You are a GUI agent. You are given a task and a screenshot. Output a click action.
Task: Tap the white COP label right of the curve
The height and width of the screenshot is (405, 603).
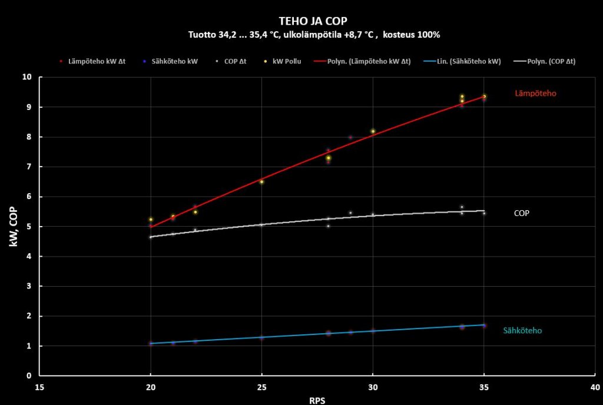[x=522, y=213]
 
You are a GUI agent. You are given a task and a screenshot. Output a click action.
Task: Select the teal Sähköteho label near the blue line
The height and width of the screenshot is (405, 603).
[x=522, y=331]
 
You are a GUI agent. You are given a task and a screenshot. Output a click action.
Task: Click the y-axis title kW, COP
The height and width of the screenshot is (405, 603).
[x=14, y=226]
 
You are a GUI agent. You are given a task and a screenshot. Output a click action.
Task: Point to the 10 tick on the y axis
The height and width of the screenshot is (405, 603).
[x=26, y=77]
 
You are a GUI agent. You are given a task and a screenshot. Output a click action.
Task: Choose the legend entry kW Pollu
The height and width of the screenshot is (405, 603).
[x=286, y=61]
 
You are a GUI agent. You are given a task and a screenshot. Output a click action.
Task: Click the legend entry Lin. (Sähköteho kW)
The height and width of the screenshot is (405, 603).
[x=465, y=61]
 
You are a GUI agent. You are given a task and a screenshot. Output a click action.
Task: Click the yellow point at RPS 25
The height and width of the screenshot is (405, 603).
[x=261, y=181]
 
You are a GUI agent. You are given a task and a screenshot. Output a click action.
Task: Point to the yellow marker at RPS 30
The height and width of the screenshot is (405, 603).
[x=373, y=131]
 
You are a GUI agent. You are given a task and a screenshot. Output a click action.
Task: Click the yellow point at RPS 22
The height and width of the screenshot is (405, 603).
[x=195, y=212]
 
